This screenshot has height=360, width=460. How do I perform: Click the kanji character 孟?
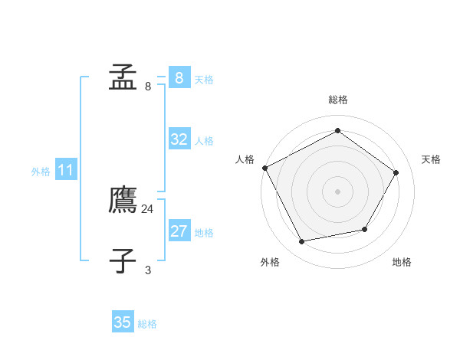(x=123, y=77)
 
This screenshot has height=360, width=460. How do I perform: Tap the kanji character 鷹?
(x=123, y=200)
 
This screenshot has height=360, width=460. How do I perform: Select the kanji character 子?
(x=123, y=260)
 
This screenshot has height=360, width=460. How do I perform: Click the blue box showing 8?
(x=179, y=78)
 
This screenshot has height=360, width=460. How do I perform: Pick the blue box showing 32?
(x=179, y=139)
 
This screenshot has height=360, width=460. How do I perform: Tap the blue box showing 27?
(x=179, y=231)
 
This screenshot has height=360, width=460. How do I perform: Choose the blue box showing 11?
(x=65, y=170)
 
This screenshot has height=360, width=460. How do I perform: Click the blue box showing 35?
(x=123, y=322)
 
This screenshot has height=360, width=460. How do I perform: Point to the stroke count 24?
(x=148, y=209)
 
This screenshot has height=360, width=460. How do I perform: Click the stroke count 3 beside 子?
(x=148, y=270)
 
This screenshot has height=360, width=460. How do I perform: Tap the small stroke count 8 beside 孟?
(x=148, y=87)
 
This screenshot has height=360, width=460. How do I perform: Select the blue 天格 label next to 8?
(x=204, y=80)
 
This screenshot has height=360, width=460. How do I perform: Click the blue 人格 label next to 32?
(x=204, y=141)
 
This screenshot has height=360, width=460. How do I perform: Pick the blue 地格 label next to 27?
(x=204, y=233)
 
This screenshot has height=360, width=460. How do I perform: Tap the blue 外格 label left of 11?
(x=41, y=172)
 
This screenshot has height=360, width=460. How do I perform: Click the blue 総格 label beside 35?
(x=147, y=324)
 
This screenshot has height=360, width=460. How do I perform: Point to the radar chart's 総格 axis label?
(x=337, y=100)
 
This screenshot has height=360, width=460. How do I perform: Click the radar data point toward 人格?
(x=265, y=168)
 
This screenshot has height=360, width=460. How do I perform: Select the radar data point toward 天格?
(x=396, y=172)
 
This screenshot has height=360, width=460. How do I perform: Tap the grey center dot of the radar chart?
(x=337, y=191)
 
